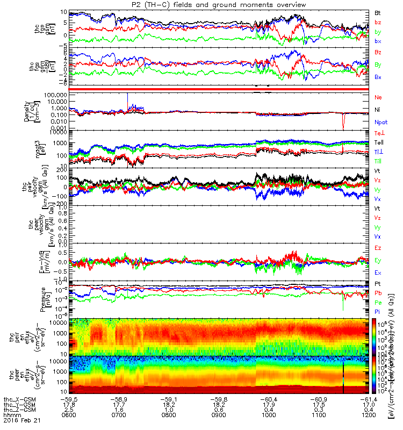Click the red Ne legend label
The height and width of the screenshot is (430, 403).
378,97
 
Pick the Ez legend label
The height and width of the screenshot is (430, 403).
378,248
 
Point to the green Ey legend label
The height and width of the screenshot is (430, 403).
378,260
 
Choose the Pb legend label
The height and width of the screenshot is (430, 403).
378,293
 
